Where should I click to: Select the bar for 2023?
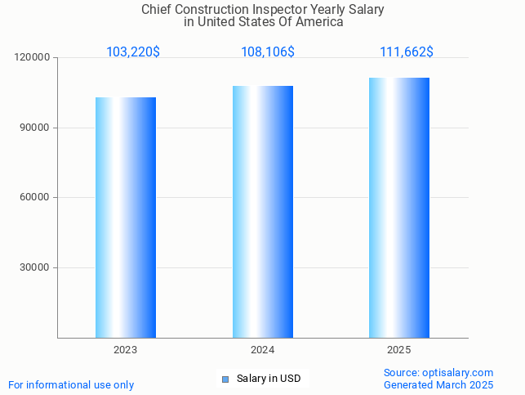tap(126, 218)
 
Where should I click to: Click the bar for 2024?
tap(263, 212)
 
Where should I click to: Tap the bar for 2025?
tap(399, 208)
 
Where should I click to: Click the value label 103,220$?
tap(133, 52)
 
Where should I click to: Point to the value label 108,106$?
tap(268, 52)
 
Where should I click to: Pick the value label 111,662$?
tap(407, 52)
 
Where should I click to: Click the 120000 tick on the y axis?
tap(33, 58)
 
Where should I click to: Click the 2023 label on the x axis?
tap(126, 350)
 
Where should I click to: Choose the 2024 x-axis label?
tap(263, 350)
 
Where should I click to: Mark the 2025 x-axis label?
tap(399, 350)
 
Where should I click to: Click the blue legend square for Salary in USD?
tap(226, 379)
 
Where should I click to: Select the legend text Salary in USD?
tap(269, 379)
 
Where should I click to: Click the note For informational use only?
tap(71, 385)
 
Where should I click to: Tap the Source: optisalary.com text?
tap(438, 373)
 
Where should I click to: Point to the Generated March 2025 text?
tap(438, 385)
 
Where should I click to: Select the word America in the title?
tap(320, 22)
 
